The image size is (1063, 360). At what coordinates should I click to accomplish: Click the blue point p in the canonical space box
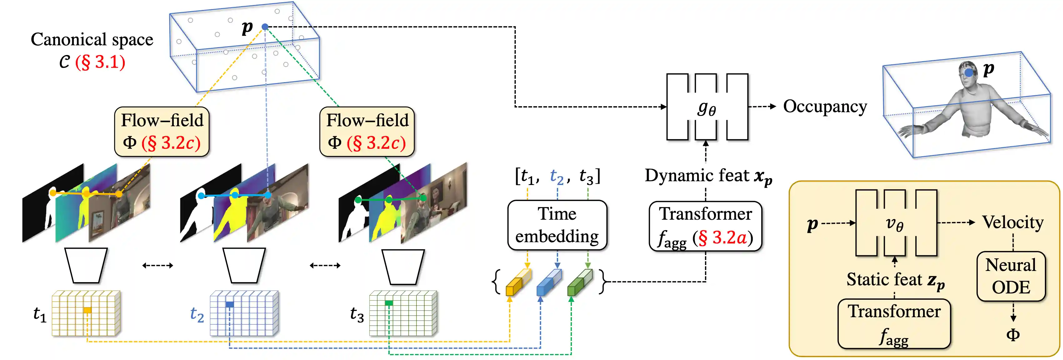click(265, 27)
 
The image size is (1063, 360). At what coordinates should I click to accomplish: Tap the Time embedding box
click(557, 225)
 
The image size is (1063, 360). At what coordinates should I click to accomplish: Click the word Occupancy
click(825, 107)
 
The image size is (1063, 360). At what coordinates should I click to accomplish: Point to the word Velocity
click(1012, 222)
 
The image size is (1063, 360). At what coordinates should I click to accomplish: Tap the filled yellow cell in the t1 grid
click(87, 310)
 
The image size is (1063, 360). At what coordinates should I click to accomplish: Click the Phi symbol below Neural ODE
click(1013, 334)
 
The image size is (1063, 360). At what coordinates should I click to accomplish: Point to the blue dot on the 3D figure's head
click(969, 73)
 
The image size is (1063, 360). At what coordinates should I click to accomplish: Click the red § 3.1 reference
click(100, 62)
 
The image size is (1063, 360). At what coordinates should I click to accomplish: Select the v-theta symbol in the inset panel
click(894, 224)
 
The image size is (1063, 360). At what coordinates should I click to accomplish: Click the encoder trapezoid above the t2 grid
click(244, 265)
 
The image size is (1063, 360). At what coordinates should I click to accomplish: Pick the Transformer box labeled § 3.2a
click(705, 226)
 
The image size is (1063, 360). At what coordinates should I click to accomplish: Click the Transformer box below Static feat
click(894, 324)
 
